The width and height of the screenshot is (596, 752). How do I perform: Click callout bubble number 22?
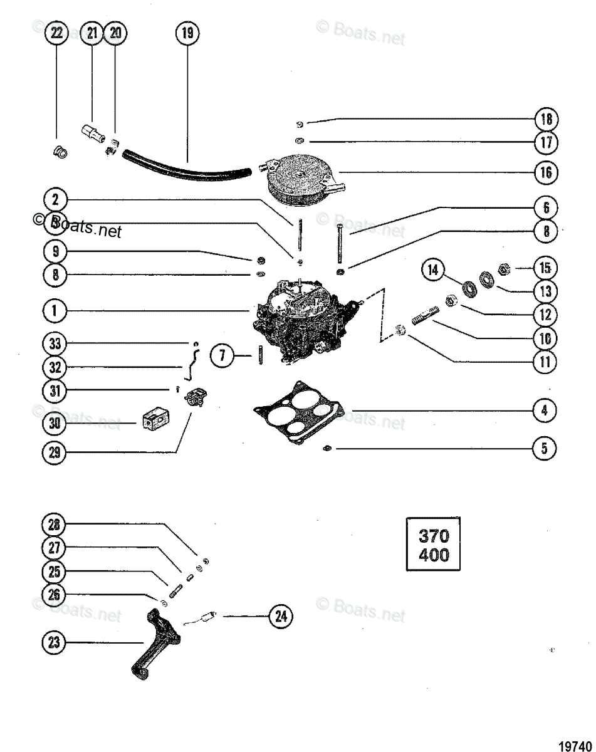point(57,33)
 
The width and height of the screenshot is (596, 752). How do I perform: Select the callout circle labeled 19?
point(187,33)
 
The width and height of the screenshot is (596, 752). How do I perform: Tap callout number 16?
point(546,172)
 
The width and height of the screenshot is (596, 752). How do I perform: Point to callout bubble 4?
point(544,410)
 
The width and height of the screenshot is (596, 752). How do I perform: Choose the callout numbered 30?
point(55,424)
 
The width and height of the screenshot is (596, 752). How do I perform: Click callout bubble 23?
point(55,642)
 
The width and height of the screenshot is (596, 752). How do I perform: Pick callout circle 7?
point(222,357)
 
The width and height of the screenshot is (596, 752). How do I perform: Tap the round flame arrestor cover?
point(303,178)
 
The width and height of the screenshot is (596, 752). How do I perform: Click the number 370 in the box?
point(433,536)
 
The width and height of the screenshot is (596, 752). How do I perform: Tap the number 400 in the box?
point(433,555)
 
